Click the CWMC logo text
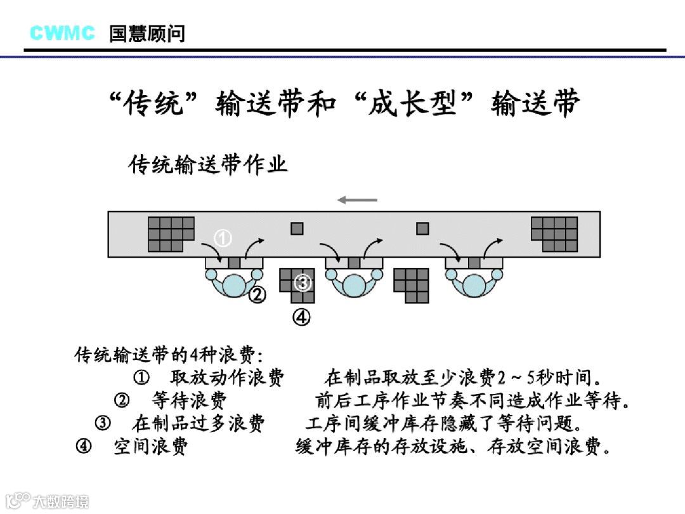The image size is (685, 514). [x=62, y=32]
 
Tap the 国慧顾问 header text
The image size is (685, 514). [x=147, y=33]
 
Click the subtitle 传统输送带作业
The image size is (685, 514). [x=209, y=164]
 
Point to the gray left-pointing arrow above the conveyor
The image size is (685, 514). [x=357, y=200]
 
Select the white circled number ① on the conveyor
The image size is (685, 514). [x=223, y=239]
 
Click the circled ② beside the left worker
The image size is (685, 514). [x=257, y=294]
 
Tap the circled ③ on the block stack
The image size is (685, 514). [x=303, y=282]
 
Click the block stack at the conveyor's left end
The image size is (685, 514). [x=170, y=234]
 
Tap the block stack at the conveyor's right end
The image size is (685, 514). [x=554, y=234]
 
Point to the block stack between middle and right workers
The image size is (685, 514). [x=411, y=284]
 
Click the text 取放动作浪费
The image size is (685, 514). [x=226, y=378]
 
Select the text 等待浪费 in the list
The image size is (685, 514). [x=190, y=400]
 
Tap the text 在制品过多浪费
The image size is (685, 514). [x=199, y=423]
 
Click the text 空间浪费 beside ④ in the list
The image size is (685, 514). [x=151, y=446]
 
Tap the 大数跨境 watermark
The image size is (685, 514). [x=61, y=501]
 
